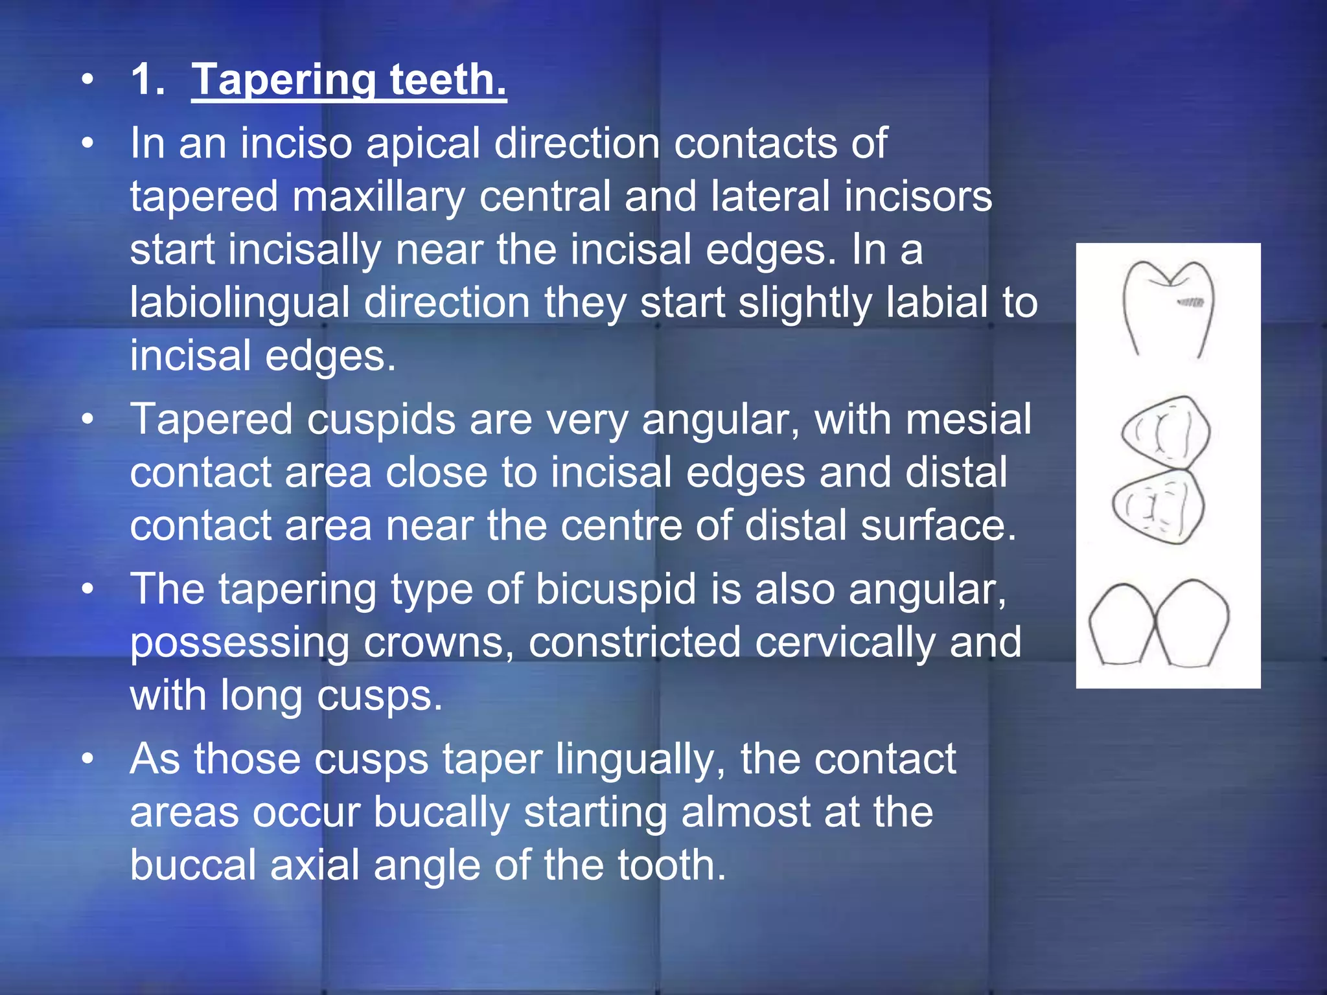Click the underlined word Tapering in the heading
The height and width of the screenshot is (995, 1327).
click(283, 80)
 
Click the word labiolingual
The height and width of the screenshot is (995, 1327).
click(239, 303)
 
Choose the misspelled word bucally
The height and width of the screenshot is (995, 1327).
click(441, 812)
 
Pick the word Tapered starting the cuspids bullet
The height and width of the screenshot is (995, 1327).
click(211, 420)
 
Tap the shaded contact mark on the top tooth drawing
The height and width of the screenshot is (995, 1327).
click(1190, 303)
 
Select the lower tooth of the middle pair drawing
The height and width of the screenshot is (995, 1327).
click(1159, 506)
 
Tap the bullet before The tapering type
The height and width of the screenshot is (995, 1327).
click(88, 589)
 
